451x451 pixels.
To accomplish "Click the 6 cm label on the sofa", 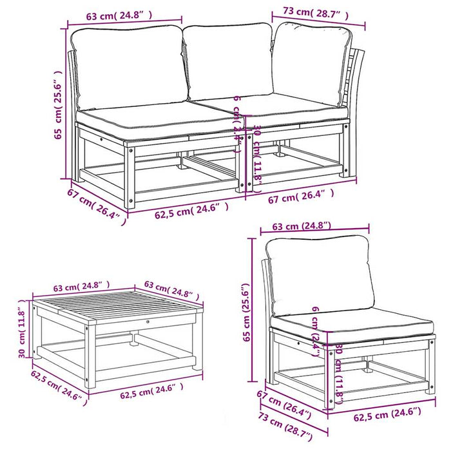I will (238, 118).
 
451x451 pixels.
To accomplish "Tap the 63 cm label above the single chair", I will (302, 226).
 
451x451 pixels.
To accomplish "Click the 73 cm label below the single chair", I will (283, 430).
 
